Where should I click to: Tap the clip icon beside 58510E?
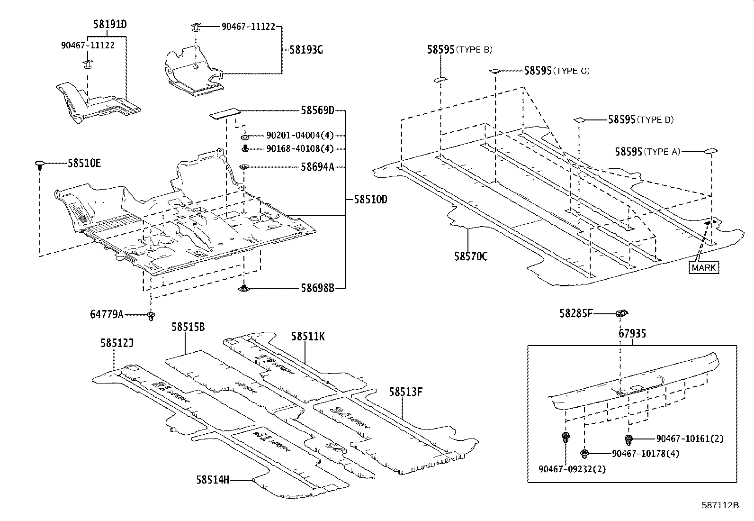click(40, 165)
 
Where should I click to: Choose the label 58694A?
click(317, 167)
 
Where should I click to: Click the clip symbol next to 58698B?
click(244, 288)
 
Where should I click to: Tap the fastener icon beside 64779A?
click(151, 315)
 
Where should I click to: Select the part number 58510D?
click(370, 200)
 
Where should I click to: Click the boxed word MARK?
click(704, 267)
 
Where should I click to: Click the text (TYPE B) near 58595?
click(474, 50)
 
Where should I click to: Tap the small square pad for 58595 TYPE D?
click(579, 120)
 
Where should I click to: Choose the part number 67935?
click(632, 334)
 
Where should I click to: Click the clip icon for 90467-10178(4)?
click(586, 454)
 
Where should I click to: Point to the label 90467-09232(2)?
click(572, 469)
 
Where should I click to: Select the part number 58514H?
click(212, 480)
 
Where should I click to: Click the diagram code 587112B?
click(720, 505)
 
